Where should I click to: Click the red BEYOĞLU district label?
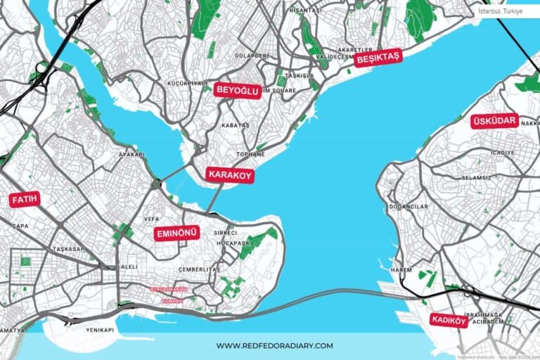(x=238, y=90)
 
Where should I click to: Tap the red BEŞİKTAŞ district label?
(x=378, y=58)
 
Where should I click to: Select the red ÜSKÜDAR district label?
(x=495, y=121)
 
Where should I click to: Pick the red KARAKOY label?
(x=229, y=175)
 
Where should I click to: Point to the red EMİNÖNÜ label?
(x=177, y=233)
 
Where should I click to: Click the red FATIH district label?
(x=25, y=200)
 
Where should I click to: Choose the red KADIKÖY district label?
(x=449, y=321)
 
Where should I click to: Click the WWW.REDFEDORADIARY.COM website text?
(x=274, y=345)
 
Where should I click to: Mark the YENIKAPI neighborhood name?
(x=99, y=330)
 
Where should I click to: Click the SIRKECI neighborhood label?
(x=226, y=232)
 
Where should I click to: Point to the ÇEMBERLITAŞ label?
(x=199, y=269)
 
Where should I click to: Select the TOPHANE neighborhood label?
(x=251, y=153)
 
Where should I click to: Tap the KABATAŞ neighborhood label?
(x=236, y=125)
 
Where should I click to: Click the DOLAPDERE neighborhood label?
(x=253, y=55)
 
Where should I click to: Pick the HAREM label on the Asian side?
(x=401, y=269)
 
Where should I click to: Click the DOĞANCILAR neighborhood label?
(x=409, y=207)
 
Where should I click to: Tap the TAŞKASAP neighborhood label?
(x=68, y=249)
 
